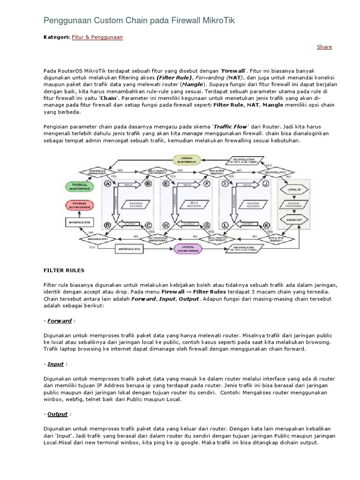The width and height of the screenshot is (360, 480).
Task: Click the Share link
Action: [x=324, y=47]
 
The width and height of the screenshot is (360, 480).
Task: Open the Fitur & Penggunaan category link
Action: [x=97, y=37]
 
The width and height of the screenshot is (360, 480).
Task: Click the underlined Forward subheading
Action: [x=60, y=321]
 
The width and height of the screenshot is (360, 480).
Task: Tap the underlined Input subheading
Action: [x=55, y=364]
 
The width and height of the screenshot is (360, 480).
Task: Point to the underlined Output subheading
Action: [x=58, y=414]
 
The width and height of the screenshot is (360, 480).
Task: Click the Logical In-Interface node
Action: [x=187, y=160]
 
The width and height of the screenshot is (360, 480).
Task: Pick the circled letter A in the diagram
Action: [x=107, y=184]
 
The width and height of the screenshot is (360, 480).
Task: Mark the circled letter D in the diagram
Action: [x=107, y=225]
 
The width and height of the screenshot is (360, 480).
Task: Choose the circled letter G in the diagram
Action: [x=207, y=225]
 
